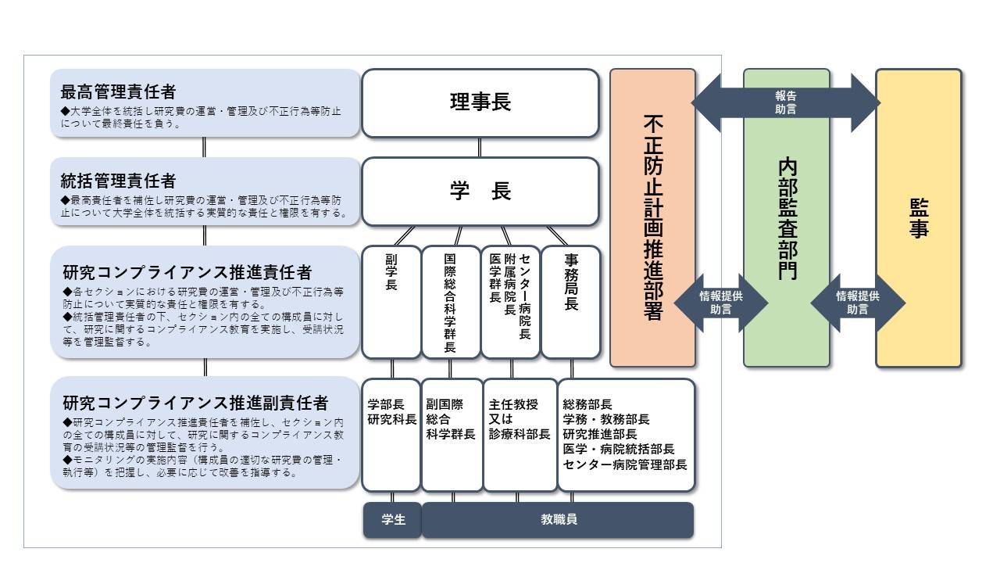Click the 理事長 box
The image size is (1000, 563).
tap(480, 103)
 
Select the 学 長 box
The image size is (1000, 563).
tap(480, 192)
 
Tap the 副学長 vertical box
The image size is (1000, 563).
tap(391, 302)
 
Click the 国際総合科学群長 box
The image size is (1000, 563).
tap(451, 302)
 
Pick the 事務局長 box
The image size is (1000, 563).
tap(571, 302)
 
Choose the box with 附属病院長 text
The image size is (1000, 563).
tap(510, 302)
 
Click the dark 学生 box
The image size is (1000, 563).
tap(392, 520)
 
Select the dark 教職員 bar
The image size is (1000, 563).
tap(558, 520)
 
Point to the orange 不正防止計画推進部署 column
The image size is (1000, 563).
tap(652, 217)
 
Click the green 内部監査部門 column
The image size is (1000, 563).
tap(786, 217)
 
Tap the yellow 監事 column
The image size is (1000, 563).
tap(919, 217)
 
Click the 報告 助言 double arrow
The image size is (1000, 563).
tap(785, 102)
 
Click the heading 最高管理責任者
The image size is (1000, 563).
tap(119, 90)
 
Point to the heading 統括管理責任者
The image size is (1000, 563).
tap(119, 181)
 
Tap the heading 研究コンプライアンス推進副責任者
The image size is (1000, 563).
tap(195, 403)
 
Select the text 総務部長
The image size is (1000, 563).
tap(587, 405)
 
